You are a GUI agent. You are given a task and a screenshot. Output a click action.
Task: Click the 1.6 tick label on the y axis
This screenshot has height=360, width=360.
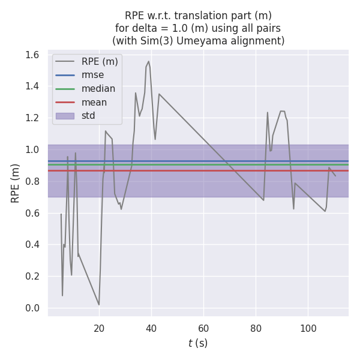32,55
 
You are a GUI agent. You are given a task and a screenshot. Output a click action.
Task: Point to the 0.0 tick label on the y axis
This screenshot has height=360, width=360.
32,308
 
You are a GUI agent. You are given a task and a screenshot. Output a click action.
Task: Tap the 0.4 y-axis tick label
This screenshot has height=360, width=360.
32,245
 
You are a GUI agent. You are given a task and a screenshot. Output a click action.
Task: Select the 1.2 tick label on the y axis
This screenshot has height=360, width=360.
32,118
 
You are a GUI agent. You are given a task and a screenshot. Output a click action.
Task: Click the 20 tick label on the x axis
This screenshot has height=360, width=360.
99,328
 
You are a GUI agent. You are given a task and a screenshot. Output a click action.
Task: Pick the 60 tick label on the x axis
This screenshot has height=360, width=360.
203,328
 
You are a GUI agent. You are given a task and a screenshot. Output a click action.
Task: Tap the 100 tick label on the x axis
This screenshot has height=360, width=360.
308,328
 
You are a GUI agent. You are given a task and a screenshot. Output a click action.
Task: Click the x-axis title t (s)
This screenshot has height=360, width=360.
197,343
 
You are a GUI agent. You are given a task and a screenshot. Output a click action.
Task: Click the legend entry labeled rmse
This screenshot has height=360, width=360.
92,74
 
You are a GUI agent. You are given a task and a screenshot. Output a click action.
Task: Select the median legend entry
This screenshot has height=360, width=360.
98,88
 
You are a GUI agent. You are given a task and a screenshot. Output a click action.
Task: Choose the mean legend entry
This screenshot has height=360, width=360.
95,102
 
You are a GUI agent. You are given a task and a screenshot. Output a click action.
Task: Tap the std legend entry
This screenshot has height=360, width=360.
88,116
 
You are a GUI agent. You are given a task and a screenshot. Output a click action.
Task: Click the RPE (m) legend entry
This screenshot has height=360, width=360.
100,61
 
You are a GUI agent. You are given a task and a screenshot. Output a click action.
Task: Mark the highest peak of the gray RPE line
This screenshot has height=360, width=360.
149,61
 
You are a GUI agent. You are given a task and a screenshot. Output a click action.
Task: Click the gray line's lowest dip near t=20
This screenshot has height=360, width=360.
99,305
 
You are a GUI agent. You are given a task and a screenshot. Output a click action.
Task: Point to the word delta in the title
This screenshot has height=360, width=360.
142,28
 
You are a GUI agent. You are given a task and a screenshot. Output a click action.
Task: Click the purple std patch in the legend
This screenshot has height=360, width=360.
65,116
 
